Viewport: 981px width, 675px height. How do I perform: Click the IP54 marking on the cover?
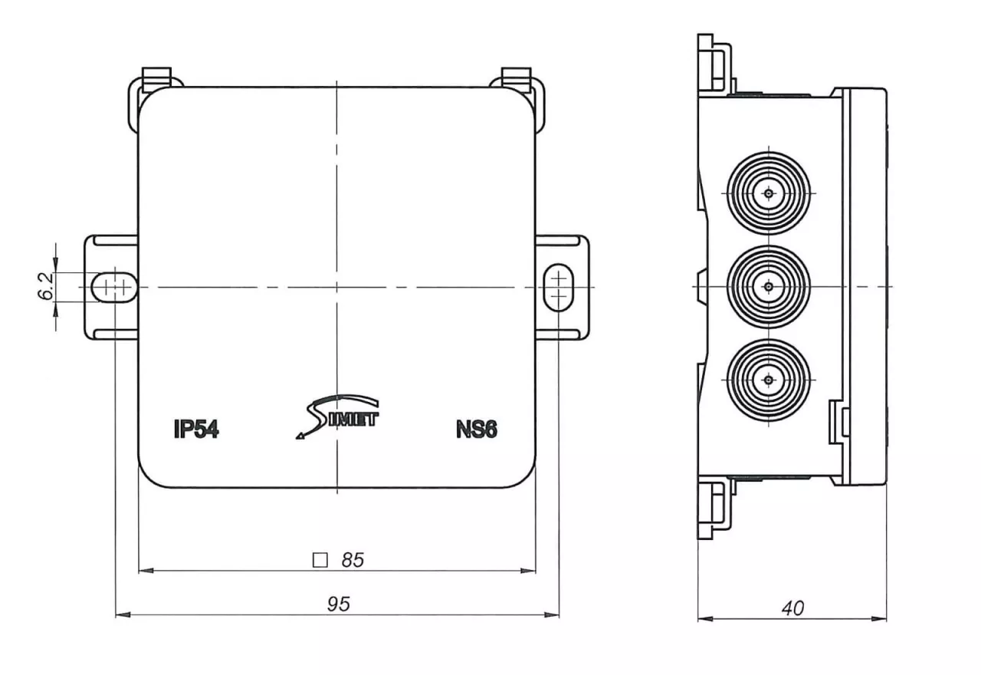[x=196, y=430]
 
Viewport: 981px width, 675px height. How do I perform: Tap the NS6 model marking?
[x=477, y=430]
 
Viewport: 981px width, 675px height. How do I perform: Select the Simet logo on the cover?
[x=337, y=418]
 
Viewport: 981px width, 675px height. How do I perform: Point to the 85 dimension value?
[x=353, y=560]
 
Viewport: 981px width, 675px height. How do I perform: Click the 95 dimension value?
[x=339, y=604]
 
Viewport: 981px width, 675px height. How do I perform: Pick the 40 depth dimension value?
[x=792, y=608]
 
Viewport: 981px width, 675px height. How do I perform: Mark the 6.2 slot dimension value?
[x=45, y=286]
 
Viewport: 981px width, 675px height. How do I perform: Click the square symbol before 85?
[x=320, y=560]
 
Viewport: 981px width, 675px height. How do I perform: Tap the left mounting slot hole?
[x=115, y=287]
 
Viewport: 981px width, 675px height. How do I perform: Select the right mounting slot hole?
[x=559, y=287]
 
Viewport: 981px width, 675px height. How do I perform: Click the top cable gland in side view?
[x=769, y=193]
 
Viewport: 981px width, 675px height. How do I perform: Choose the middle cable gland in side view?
[x=769, y=287]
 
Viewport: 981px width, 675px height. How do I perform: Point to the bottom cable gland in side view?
[x=769, y=380]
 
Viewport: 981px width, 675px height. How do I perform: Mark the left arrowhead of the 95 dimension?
[x=123, y=615]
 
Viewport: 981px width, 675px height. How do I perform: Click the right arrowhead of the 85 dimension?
[x=528, y=571]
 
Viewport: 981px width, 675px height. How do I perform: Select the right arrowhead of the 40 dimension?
[x=879, y=619]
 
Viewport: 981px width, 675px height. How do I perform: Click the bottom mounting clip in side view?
[x=714, y=509]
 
